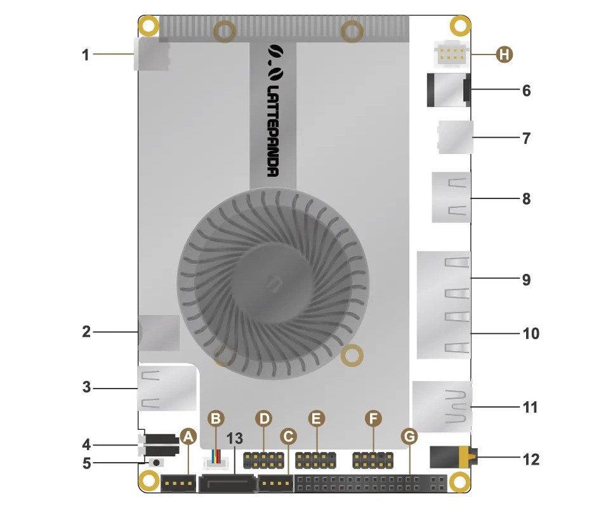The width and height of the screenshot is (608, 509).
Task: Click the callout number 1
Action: point(86,55)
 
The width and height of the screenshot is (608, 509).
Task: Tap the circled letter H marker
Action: point(505,55)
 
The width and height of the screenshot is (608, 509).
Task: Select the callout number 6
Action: point(526,90)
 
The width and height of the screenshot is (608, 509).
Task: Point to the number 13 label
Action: point(235,439)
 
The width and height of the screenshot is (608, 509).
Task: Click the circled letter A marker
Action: point(188,437)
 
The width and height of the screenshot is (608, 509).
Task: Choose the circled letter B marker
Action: point(216,418)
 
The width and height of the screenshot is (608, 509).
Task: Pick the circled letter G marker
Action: point(409,437)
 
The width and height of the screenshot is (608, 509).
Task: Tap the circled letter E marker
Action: point(317,418)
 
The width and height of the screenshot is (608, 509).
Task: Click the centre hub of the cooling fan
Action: point(273,283)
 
